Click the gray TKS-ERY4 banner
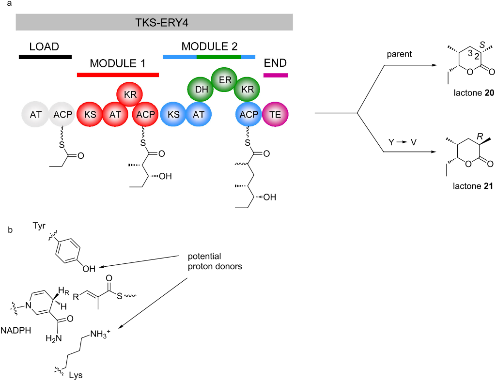[154, 22]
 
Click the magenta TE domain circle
[275, 115]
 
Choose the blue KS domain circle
[173, 115]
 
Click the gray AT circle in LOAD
[36, 115]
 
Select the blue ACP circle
[249, 115]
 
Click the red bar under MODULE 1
[118, 75]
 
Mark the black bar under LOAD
[45, 57]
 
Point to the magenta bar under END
[276, 75]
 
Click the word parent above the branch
[399, 54]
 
